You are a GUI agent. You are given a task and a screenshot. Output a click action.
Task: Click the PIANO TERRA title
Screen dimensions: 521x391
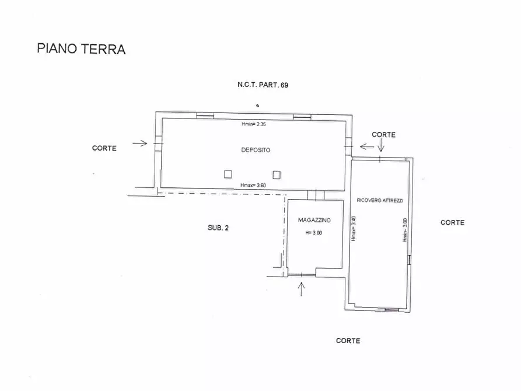tap(81, 49)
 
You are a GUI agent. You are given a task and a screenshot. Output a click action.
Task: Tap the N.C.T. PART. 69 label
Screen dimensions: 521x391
tap(263, 85)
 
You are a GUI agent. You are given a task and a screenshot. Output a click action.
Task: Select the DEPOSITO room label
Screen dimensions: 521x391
tap(256, 150)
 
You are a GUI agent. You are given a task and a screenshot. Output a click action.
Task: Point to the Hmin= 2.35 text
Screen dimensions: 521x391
tap(254, 124)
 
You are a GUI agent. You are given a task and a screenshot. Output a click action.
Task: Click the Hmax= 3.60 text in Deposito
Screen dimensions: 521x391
tap(253, 185)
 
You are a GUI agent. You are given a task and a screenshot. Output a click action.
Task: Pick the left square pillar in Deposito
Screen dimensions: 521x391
tap(228, 174)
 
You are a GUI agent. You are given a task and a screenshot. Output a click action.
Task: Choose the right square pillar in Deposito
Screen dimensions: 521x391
tap(277, 174)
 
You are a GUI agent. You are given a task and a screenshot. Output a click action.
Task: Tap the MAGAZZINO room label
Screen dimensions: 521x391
tap(314, 220)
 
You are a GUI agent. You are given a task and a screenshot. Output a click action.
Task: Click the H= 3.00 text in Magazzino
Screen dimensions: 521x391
tap(314, 233)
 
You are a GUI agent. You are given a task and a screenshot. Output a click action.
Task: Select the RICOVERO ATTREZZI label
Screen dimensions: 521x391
tap(380, 201)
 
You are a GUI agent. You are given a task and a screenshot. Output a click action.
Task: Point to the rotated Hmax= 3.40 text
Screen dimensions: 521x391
tap(354, 229)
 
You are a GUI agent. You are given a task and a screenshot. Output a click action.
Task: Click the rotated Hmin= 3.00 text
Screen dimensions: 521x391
tap(405, 230)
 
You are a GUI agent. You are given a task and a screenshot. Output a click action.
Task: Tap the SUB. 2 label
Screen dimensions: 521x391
tap(218, 228)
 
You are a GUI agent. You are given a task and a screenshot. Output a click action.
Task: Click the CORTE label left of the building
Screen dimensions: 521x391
tap(104, 148)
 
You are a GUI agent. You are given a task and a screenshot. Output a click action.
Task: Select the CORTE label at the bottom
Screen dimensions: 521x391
tap(348, 341)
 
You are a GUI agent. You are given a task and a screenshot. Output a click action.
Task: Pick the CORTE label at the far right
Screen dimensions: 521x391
tap(452, 223)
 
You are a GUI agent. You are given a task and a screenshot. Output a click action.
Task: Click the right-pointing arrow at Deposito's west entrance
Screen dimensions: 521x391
tap(140, 144)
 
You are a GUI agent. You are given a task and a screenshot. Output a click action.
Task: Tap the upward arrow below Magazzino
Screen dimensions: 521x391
tap(302, 289)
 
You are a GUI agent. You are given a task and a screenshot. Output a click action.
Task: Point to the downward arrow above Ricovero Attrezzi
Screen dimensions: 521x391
tap(381, 145)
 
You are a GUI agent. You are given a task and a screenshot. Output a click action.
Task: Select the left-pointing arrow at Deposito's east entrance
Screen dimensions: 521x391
tap(367, 146)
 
